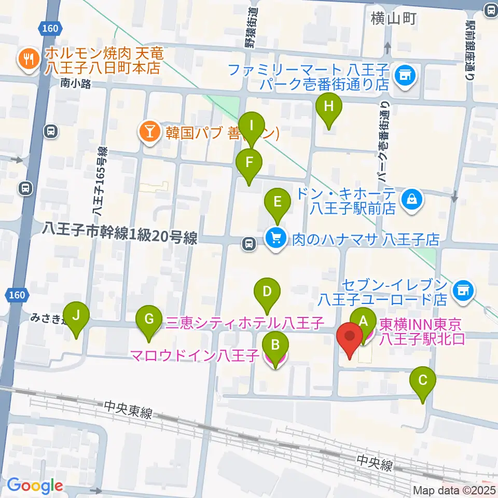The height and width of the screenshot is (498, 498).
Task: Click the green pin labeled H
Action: (328, 108)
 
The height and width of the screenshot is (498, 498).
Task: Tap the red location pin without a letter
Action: (349, 338)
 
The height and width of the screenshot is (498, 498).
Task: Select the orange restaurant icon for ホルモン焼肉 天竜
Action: (26, 60)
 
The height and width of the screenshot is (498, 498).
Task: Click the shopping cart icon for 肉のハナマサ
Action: (275, 240)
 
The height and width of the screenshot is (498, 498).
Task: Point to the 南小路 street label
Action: (75, 83)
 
